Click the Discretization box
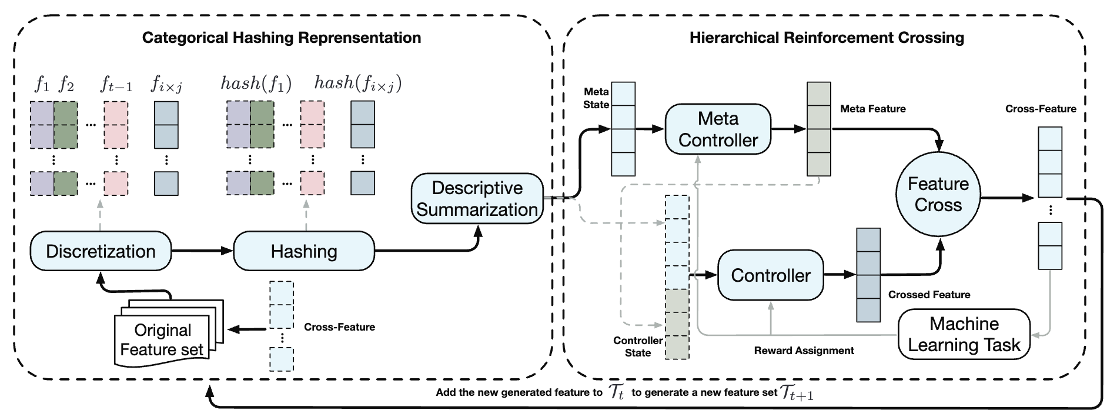point(101,251)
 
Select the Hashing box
point(304,251)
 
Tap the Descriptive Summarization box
point(477,199)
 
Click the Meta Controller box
point(718,129)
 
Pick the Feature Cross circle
point(938,194)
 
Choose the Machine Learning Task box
point(964,334)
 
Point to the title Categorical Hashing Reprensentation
point(282,38)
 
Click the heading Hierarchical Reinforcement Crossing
point(827,38)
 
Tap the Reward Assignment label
point(804,351)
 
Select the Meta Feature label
point(873,109)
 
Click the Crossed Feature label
point(929,295)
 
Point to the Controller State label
point(638,346)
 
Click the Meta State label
point(596,98)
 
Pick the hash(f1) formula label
point(256,84)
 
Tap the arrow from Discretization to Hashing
point(202,251)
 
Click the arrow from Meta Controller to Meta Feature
point(788,129)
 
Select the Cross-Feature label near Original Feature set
point(339,327)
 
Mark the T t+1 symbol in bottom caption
point(797,393)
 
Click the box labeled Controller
point(771,275)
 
